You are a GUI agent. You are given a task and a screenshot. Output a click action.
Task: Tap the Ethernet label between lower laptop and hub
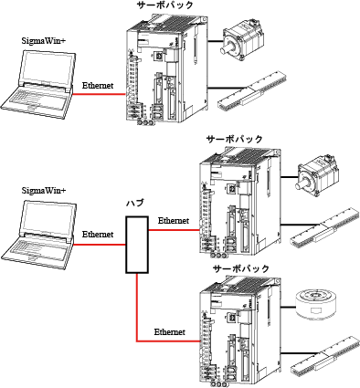[97, 235]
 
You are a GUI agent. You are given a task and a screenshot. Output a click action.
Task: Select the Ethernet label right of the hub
[174, 221]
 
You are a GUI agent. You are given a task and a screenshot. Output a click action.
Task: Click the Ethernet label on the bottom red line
[171, 330]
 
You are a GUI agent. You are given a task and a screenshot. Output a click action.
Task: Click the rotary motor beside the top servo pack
[240, 42]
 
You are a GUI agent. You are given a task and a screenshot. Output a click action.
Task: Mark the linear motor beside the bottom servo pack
[325, 356]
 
